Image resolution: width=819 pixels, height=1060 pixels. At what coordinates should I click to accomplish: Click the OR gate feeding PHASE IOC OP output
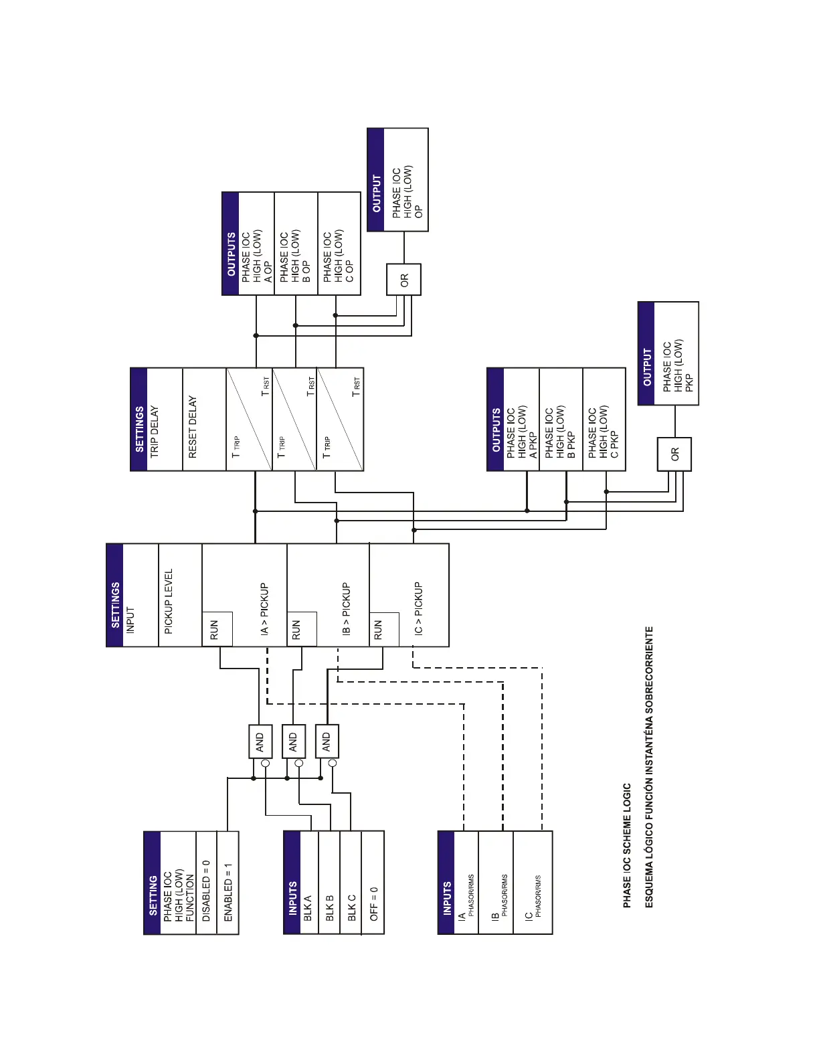(x=403, y=280)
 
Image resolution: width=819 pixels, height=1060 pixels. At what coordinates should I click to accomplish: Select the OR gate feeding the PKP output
(x=674, y=454)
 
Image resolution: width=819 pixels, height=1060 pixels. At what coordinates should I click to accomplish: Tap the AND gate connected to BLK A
(x=260, y=741)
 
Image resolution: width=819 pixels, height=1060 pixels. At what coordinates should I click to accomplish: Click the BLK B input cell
(x=329, y=882)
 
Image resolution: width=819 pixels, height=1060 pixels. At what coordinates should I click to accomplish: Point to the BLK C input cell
(x=351, y=882)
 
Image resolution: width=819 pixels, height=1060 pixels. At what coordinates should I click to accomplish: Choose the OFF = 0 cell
(x=373, y=882)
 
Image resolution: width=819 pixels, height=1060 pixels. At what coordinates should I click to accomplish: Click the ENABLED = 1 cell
(x=228, y=882)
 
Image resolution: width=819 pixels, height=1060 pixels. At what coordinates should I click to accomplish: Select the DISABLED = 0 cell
(x=207, y=882)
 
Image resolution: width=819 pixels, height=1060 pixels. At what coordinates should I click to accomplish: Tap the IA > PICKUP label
(x=264, y=608)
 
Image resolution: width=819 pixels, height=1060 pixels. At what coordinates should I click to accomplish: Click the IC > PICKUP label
(x=418, y=608)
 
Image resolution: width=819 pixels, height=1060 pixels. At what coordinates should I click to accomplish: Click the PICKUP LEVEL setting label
(x=169, y=601)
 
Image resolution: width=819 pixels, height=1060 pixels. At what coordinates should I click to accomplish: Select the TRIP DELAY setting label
(x=155, y=431)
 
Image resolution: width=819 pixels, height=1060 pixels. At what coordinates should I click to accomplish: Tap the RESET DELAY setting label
(x=193, y=426)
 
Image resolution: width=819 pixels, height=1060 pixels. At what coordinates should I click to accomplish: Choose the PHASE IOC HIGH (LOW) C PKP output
(x=604, y=433)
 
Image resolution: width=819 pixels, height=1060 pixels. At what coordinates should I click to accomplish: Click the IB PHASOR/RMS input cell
(x=499, y=895)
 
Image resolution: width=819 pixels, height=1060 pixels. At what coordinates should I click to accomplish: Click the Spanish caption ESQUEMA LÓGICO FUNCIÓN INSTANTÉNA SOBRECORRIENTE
(x=648, y=767)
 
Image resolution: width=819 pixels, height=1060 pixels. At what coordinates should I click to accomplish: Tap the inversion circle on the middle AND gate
(x=299, y=763)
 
